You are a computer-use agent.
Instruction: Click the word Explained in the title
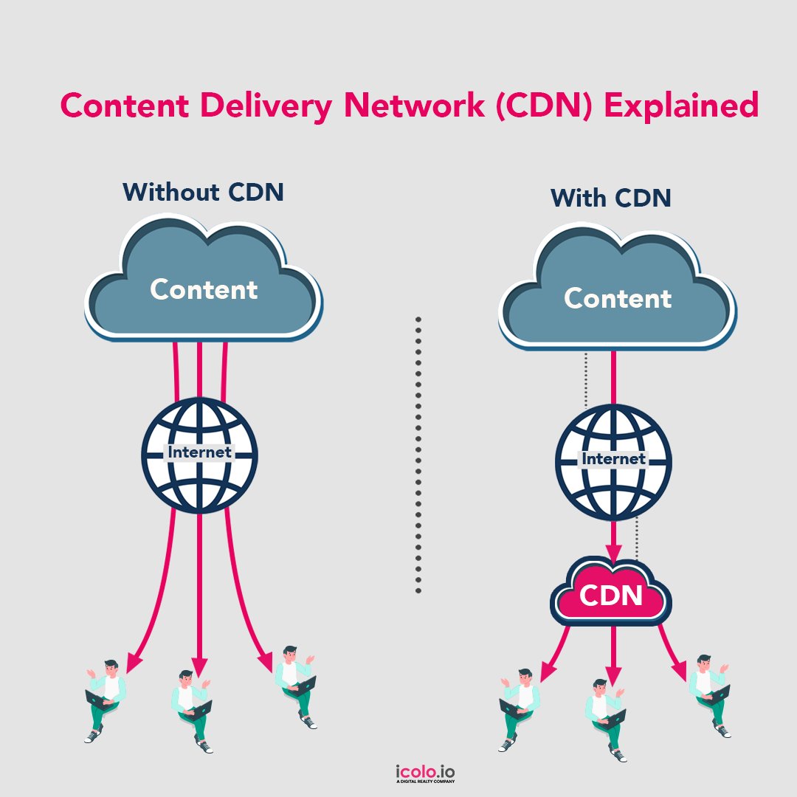coord(681,106)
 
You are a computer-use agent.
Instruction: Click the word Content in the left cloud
coord(204,289)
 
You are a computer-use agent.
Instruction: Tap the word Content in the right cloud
coord(618,298)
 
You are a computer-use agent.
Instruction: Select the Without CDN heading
coord(204,193)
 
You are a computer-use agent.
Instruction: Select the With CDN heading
coord(611,198)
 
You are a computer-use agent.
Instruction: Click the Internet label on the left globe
coord(200,452)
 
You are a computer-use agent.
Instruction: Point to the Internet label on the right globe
coord(613,458)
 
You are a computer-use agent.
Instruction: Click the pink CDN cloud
coord(611,596)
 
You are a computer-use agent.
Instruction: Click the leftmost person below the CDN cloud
coord(519,709)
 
